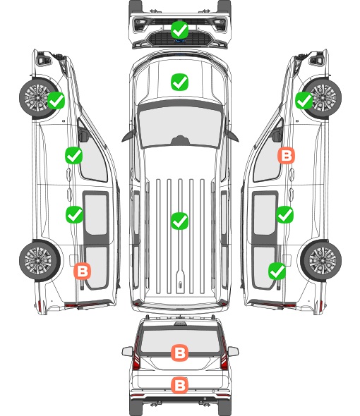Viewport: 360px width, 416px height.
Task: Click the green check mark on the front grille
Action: click(x=180, y=30)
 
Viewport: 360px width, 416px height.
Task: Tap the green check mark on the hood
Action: click(x=180, y=82)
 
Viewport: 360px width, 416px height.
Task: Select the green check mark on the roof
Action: click(x=180, y=221)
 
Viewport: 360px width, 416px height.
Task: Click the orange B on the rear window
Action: click(x=180, y=353)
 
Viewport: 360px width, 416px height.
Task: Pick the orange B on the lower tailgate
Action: click(x=180, y=385)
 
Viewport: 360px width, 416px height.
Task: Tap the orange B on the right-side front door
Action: click(x=286, y=155)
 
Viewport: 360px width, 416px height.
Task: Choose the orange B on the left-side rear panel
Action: click(x=83, y=271)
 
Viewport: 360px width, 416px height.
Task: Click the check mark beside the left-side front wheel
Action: click(x=56, y=100)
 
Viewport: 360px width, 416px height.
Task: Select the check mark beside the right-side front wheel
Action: click(x=304, y=100)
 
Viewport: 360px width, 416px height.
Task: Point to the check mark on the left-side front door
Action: click(x=74, y=155)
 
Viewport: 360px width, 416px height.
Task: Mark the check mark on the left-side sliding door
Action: click(x=74, y=214)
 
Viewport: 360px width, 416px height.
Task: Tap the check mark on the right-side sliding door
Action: click(x=284, y=214)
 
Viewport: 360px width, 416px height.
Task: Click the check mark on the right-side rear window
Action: click(x=277, y=271)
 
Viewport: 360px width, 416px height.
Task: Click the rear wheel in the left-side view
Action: click(x=40, y=261)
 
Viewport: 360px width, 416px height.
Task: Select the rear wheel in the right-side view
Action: click(x=321, y=261)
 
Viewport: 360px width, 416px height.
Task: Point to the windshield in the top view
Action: click(x=180, y=125)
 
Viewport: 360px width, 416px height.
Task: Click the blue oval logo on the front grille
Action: click(x=180, y=41)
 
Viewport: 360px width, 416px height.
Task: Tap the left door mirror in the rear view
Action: click(x=128, y=351)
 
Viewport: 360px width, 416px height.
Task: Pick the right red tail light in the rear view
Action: click(x=224, y=354)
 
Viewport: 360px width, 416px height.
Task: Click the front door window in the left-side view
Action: click(x=92, y=157)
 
